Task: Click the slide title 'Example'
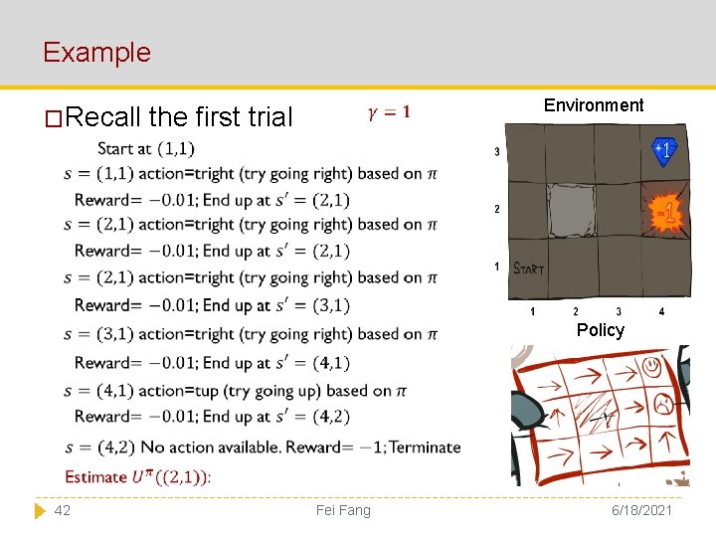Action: coord(96,52)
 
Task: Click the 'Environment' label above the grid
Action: coord(594,105)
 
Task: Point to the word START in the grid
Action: coord(528,268)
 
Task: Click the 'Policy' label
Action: coord(601,330)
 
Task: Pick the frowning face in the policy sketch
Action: coord(660,403)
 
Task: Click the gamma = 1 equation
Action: coord(389,112)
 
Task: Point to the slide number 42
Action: coord(62,510)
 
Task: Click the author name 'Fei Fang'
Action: coord(342,510)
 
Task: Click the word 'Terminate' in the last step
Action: coord(425,447)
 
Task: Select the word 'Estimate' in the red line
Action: coord(96,476)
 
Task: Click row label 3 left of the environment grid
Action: coord(497,152)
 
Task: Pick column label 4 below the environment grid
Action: coord(661,312)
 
